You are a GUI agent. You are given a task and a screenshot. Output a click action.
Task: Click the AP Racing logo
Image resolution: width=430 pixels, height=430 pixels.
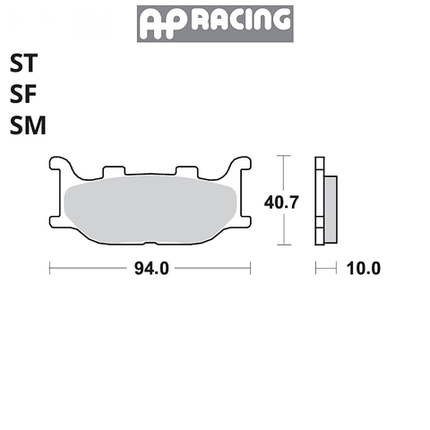tap(215, 23)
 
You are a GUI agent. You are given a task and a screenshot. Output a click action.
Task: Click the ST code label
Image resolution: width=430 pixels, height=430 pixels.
tap(23, 63)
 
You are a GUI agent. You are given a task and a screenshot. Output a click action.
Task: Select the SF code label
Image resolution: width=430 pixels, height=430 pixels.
tap(23, 94)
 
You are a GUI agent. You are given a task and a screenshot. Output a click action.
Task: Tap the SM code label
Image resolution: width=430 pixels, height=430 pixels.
tap(28, 125)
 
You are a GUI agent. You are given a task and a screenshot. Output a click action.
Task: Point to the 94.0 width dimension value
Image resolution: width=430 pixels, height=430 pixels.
tap(151, 269)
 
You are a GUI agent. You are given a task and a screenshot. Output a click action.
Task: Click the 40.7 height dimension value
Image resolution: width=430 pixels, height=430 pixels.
tap(281, 202)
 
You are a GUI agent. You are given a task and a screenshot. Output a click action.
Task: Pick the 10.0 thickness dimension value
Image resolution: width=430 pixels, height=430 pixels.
tap(364, 269)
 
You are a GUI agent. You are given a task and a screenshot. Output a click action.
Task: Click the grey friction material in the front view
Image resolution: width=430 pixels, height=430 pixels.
tap(150, 209)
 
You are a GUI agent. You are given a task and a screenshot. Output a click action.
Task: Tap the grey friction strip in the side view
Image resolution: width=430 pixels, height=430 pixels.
tap(331, 210)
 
